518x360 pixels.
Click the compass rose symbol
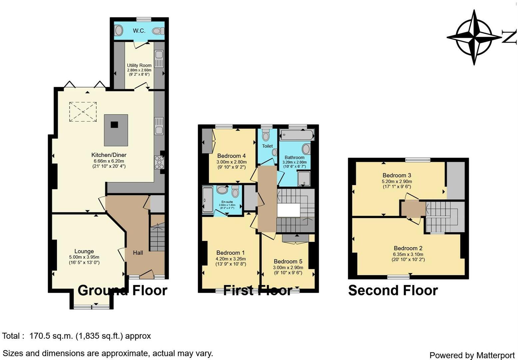(x=474, y=37)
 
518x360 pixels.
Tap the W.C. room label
(x=139, y=31)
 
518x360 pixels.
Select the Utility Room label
(x=139, y=65)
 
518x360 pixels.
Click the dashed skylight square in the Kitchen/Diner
(x=83, y=112)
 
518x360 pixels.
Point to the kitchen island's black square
(x=114, y=125)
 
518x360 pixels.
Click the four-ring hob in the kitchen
(x=159, y=162)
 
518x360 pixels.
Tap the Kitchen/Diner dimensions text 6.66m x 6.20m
(x=109, y=161)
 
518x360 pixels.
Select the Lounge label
(x=84, y=251)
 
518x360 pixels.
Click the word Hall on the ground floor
(x=138, y=253)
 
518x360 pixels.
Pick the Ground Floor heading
(x=122, y=290)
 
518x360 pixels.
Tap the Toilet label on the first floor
(x=267, y=146)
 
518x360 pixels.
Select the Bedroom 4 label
(x=231, y=156)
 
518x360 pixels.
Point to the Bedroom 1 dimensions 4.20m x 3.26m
(x=231, y=259)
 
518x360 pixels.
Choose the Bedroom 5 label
(x=288, y=261)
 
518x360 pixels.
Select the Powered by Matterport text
(x=472, y=355)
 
